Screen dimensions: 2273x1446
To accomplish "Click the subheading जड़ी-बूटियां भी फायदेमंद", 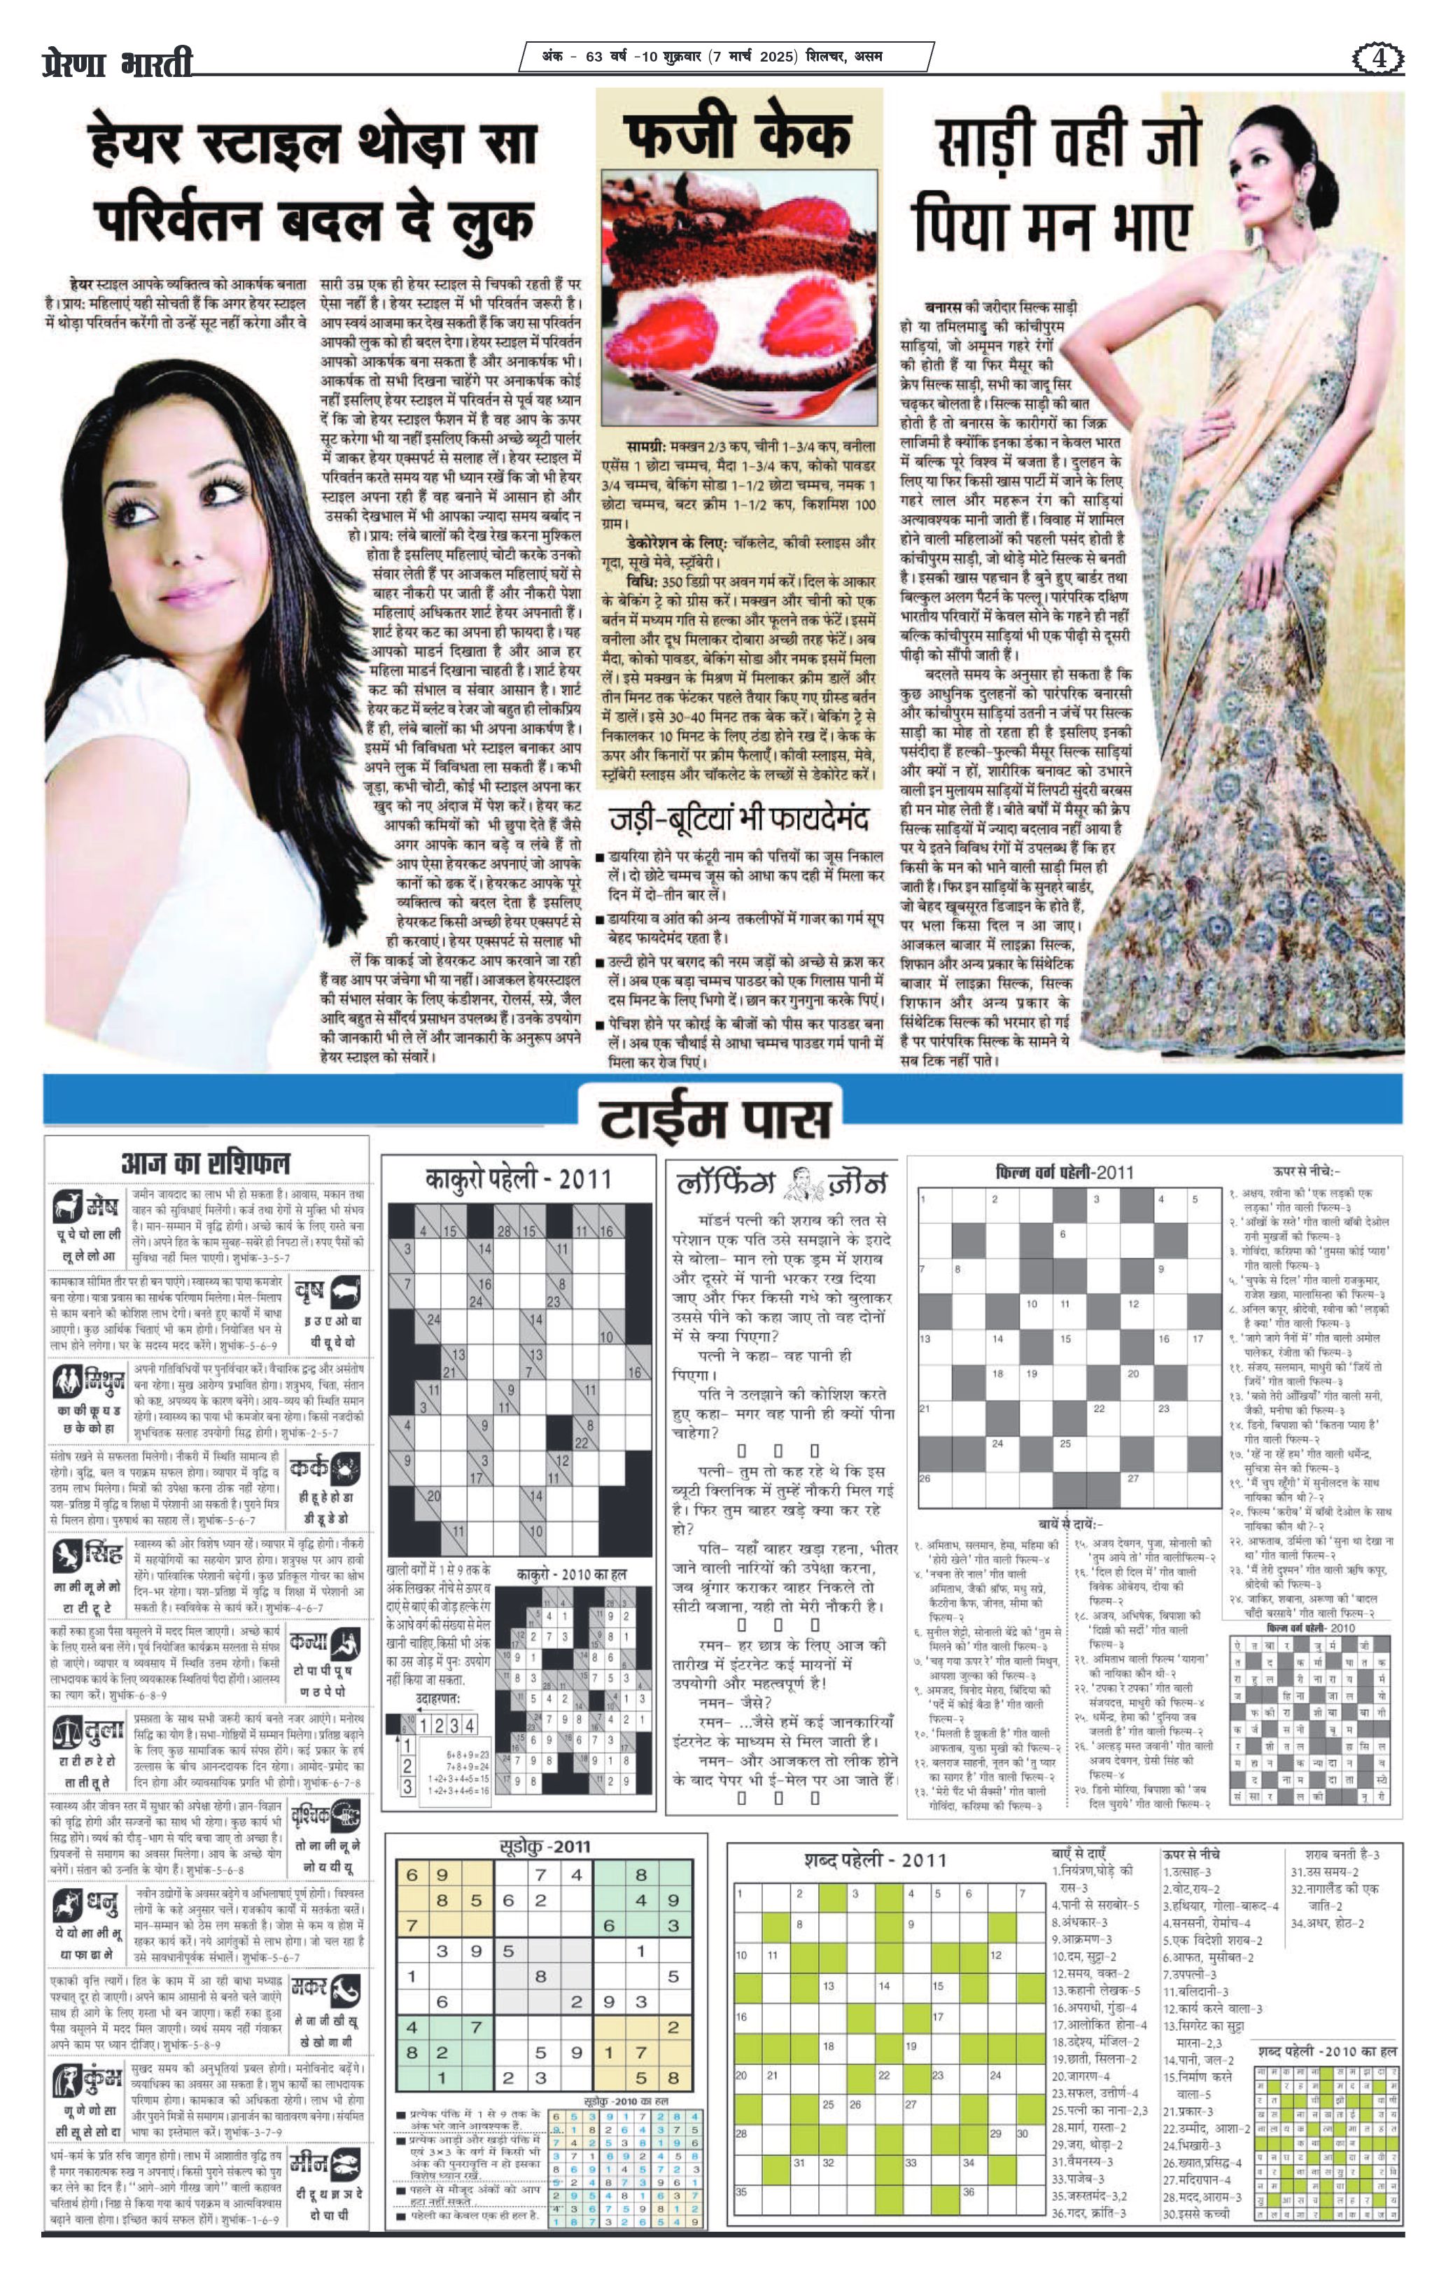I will pos(738,817).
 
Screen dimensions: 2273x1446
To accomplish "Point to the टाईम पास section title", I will pos(715,1118).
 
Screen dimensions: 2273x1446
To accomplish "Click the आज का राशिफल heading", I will pos(206,1163).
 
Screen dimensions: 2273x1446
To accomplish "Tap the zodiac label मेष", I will pos(100,1207).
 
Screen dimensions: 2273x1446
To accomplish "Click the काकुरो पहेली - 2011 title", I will pos(517,1179).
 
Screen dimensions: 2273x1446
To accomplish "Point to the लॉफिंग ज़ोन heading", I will pos(780,1182).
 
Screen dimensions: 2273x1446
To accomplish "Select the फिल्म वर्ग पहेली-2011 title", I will pos(1064,1172).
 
